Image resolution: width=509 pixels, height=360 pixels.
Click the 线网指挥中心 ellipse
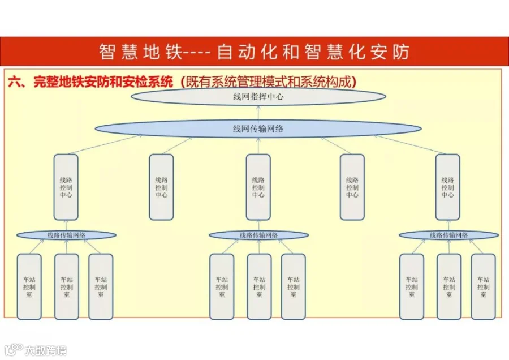point(258,96)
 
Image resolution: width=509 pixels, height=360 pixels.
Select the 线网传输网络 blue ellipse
point(258,128)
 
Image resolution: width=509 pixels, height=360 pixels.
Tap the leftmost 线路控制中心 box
point(66,187)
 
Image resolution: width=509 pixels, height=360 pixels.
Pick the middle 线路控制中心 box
point(258,187)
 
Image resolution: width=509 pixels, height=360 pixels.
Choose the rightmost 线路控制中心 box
point(448,187)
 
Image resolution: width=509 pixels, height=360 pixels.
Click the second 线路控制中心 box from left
point(161,187)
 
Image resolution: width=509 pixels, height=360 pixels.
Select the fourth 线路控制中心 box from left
point(352,187)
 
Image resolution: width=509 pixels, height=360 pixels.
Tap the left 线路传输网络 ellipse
point(66,235)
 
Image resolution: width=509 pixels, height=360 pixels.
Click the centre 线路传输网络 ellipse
point(258,235)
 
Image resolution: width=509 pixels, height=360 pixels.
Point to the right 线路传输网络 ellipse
point(448,235)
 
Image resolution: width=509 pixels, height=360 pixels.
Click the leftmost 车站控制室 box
point(29,286)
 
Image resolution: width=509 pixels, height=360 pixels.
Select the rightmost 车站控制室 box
point(484,286)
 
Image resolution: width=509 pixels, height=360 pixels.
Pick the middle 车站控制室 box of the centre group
point(260,286)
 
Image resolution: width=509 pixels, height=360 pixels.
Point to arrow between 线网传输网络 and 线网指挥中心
point(258,113)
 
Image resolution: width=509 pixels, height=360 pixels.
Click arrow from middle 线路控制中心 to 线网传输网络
point(258,146)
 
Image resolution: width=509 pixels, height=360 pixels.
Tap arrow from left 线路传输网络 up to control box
point(66,225)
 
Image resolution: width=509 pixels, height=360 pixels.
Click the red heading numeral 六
point(15,82)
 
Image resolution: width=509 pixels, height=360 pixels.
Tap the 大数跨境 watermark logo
point(36,350)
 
